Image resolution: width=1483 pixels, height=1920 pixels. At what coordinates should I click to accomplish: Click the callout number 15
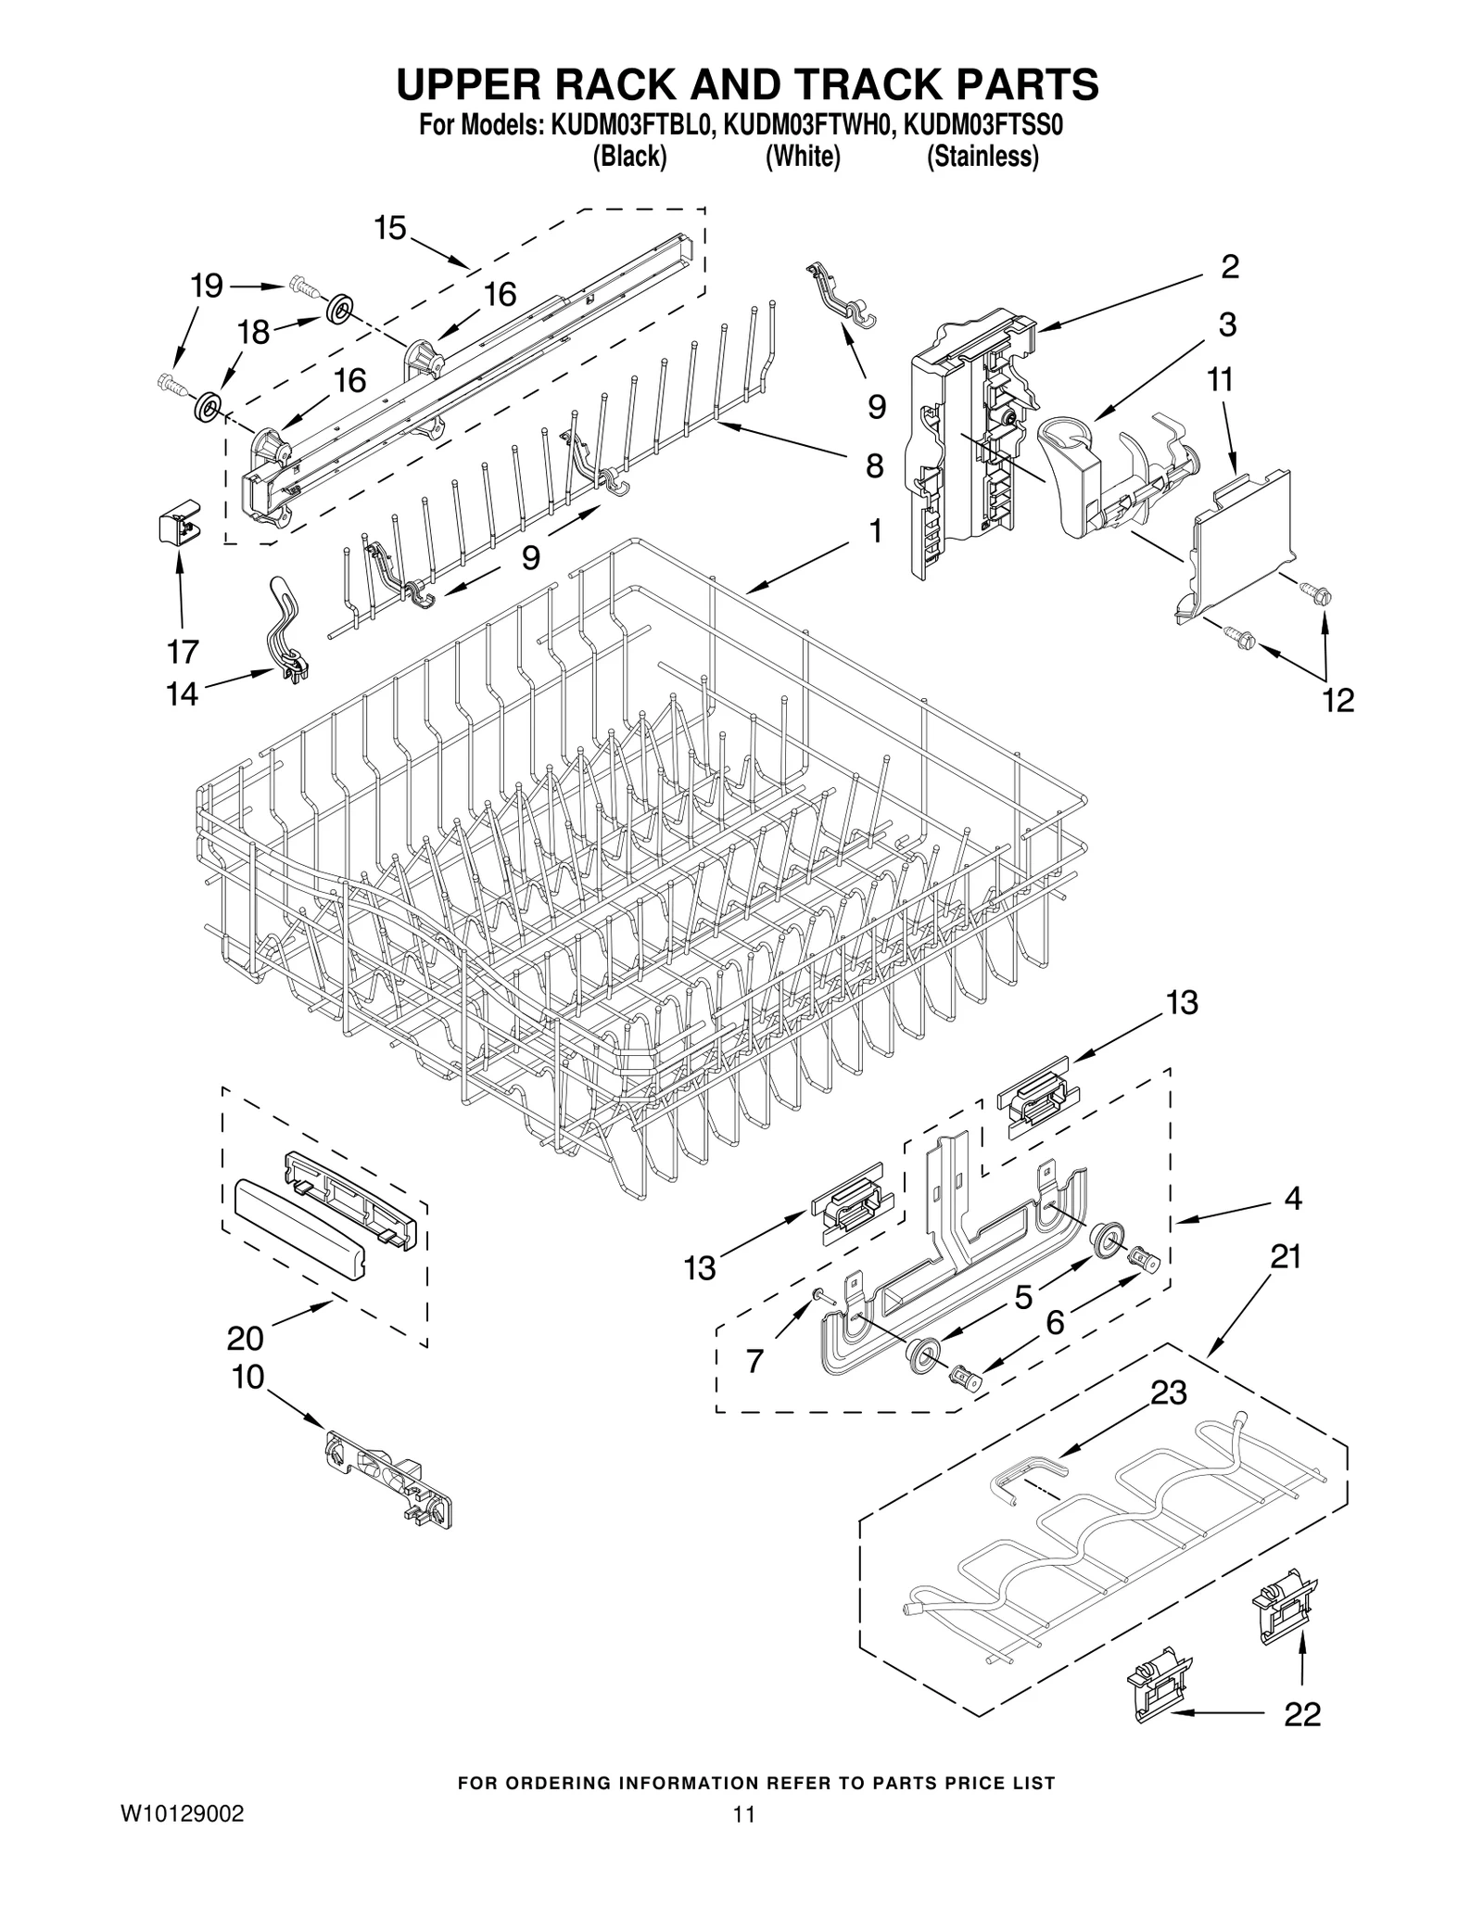(x=391, y=228)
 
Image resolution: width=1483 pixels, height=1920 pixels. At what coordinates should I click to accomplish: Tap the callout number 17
(x=184, y=652)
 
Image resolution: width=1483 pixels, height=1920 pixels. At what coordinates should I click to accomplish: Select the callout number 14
(x=183, y=693)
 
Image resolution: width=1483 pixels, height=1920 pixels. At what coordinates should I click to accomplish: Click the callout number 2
(x=1229, y=268)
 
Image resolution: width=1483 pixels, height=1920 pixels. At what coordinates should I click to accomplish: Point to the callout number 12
(x=1338, y=700)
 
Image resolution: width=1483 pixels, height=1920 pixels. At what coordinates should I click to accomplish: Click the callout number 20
(x=246, y=1338)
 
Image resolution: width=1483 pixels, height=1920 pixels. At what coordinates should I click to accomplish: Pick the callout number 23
(x=1169, y=1418)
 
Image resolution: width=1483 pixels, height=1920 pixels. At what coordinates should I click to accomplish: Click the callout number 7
(x=754, y=1362)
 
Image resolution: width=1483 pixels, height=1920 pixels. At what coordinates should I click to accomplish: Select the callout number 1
(x=875, y=531)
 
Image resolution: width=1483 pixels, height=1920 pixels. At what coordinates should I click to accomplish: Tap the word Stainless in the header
(x=982, y=158)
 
